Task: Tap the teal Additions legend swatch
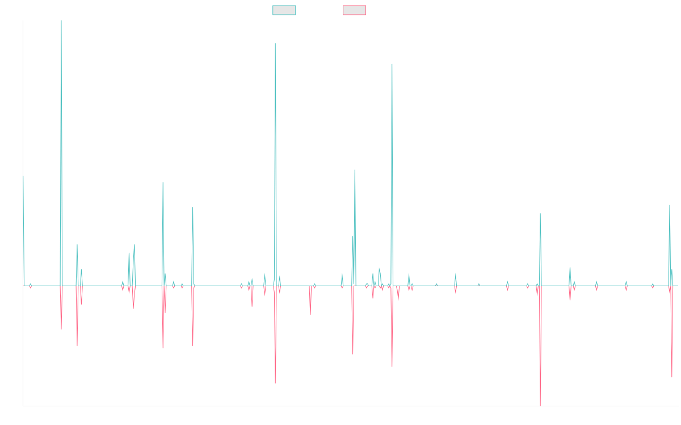[x=284, y=10]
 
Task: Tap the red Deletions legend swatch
[x=355, y=10]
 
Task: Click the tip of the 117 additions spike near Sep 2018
[x=275, y=44]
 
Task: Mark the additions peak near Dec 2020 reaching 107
[x=392, y=64]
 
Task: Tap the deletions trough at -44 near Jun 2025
[x=672, y=377]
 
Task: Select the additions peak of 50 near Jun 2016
[x=163, y=182]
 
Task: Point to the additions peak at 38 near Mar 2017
[x=193, y=207]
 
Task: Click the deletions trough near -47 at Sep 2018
[x=275, y=384]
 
